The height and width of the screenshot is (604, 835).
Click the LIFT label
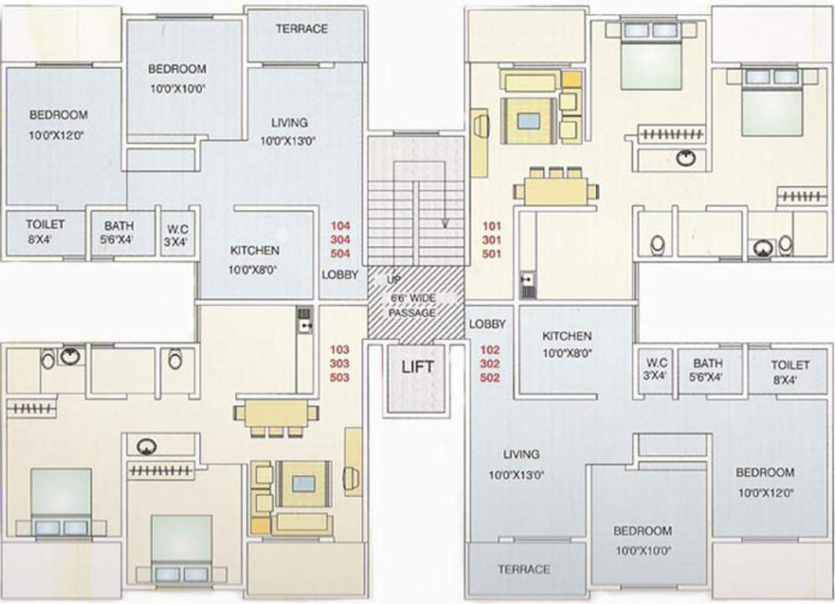point(417,366)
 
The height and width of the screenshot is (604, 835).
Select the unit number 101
point(491,225)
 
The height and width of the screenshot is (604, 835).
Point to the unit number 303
point(340,363)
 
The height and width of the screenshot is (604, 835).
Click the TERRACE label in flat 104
point(302,29)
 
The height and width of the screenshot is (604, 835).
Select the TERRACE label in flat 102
point(524,569)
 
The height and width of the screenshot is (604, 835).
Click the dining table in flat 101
point(555,191)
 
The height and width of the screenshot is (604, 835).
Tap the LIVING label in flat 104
point(289,123)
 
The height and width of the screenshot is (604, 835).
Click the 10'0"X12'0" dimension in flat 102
point(765,494)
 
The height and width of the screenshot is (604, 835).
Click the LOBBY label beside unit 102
point(487,324)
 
